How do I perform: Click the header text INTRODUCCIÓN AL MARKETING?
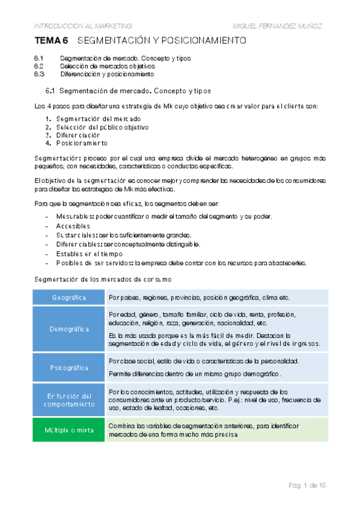(x=82, y=25)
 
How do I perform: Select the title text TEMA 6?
(x=52, y=41)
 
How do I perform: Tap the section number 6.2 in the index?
(x=39, y=66)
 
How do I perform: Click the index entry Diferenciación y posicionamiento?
(x=106, y=75)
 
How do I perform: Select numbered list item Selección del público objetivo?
(x=102, y=127)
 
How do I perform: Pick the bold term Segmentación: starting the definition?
(x=58, y=157)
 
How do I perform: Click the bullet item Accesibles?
(x=73, y=226)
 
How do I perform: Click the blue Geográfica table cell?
(x=69, y=298)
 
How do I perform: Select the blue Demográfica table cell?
(x=69, y=329)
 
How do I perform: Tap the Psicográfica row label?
(x=69, y=367)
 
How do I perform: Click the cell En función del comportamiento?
(x=69, y=400)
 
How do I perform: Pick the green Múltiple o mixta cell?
(x=69, y=430)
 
